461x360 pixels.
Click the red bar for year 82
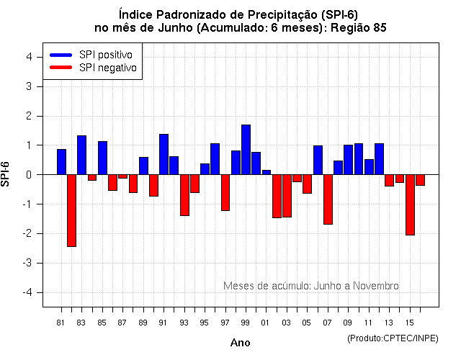click(71, 210)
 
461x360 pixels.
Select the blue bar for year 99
click(246, 150)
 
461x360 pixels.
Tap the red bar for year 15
click(410, 204)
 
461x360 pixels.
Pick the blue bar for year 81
click(61, 162)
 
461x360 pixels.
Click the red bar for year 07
click(328, 199)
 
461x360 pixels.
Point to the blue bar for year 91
click(164, 154)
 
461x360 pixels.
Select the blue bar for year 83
click(81, 155)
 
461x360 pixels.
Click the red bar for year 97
click(225, 192)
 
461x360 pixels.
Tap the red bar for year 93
click(184, 195)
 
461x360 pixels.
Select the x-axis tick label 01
click(266, 322)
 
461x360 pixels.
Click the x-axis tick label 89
click(143, 322)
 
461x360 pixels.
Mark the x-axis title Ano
click(240, 343)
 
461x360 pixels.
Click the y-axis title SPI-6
click(7, 174)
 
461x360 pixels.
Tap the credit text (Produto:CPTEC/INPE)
click(393, 338)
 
